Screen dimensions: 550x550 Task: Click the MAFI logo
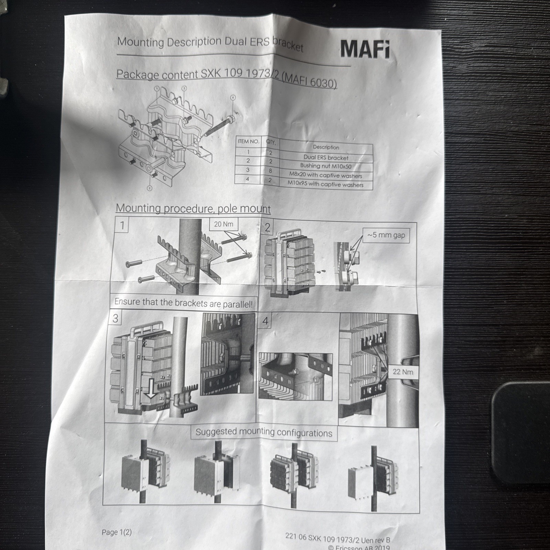pyautogui.click(x=365, y=49)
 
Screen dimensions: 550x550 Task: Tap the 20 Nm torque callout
pyautogui.click(x=223, y=224)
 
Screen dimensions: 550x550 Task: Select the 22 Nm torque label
pyautogui.click(x=403, y=372)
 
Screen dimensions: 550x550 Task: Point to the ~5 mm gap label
pyautogui.click(x=386, y=235)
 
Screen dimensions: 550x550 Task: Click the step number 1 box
pyautogui.click(x=122, y=225)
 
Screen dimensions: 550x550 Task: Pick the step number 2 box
pyautogui.click(x=267, y=227)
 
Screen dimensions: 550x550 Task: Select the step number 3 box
pyautogui.click(x=115, y=318)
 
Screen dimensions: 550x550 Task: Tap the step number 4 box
pyautogui.click(x=265, y=321)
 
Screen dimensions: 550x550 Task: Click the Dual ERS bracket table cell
pyautogui.click(x=326, y=158)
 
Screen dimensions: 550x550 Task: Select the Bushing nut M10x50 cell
pyautogui.click(x=326, y=166)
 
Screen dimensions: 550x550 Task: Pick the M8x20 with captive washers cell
pyautogui.click(x=326, y=175)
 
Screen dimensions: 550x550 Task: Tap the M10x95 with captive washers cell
pyautogui.click(x=326, y=184)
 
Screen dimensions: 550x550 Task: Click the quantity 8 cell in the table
pyautogui.click(x=270, y=170)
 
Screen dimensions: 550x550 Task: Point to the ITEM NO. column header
pyautogui.click(x=248, y=141)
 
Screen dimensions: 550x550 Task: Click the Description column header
pyautogui.click(x=326, y=147)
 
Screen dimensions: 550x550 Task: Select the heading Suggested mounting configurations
pyautogui.click(x=264, y=432)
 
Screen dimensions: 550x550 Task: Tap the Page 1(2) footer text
pyautogui.click(x=117, y=532)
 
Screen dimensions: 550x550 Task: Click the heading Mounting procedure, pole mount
pyautogui.click(x=193, y=208)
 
